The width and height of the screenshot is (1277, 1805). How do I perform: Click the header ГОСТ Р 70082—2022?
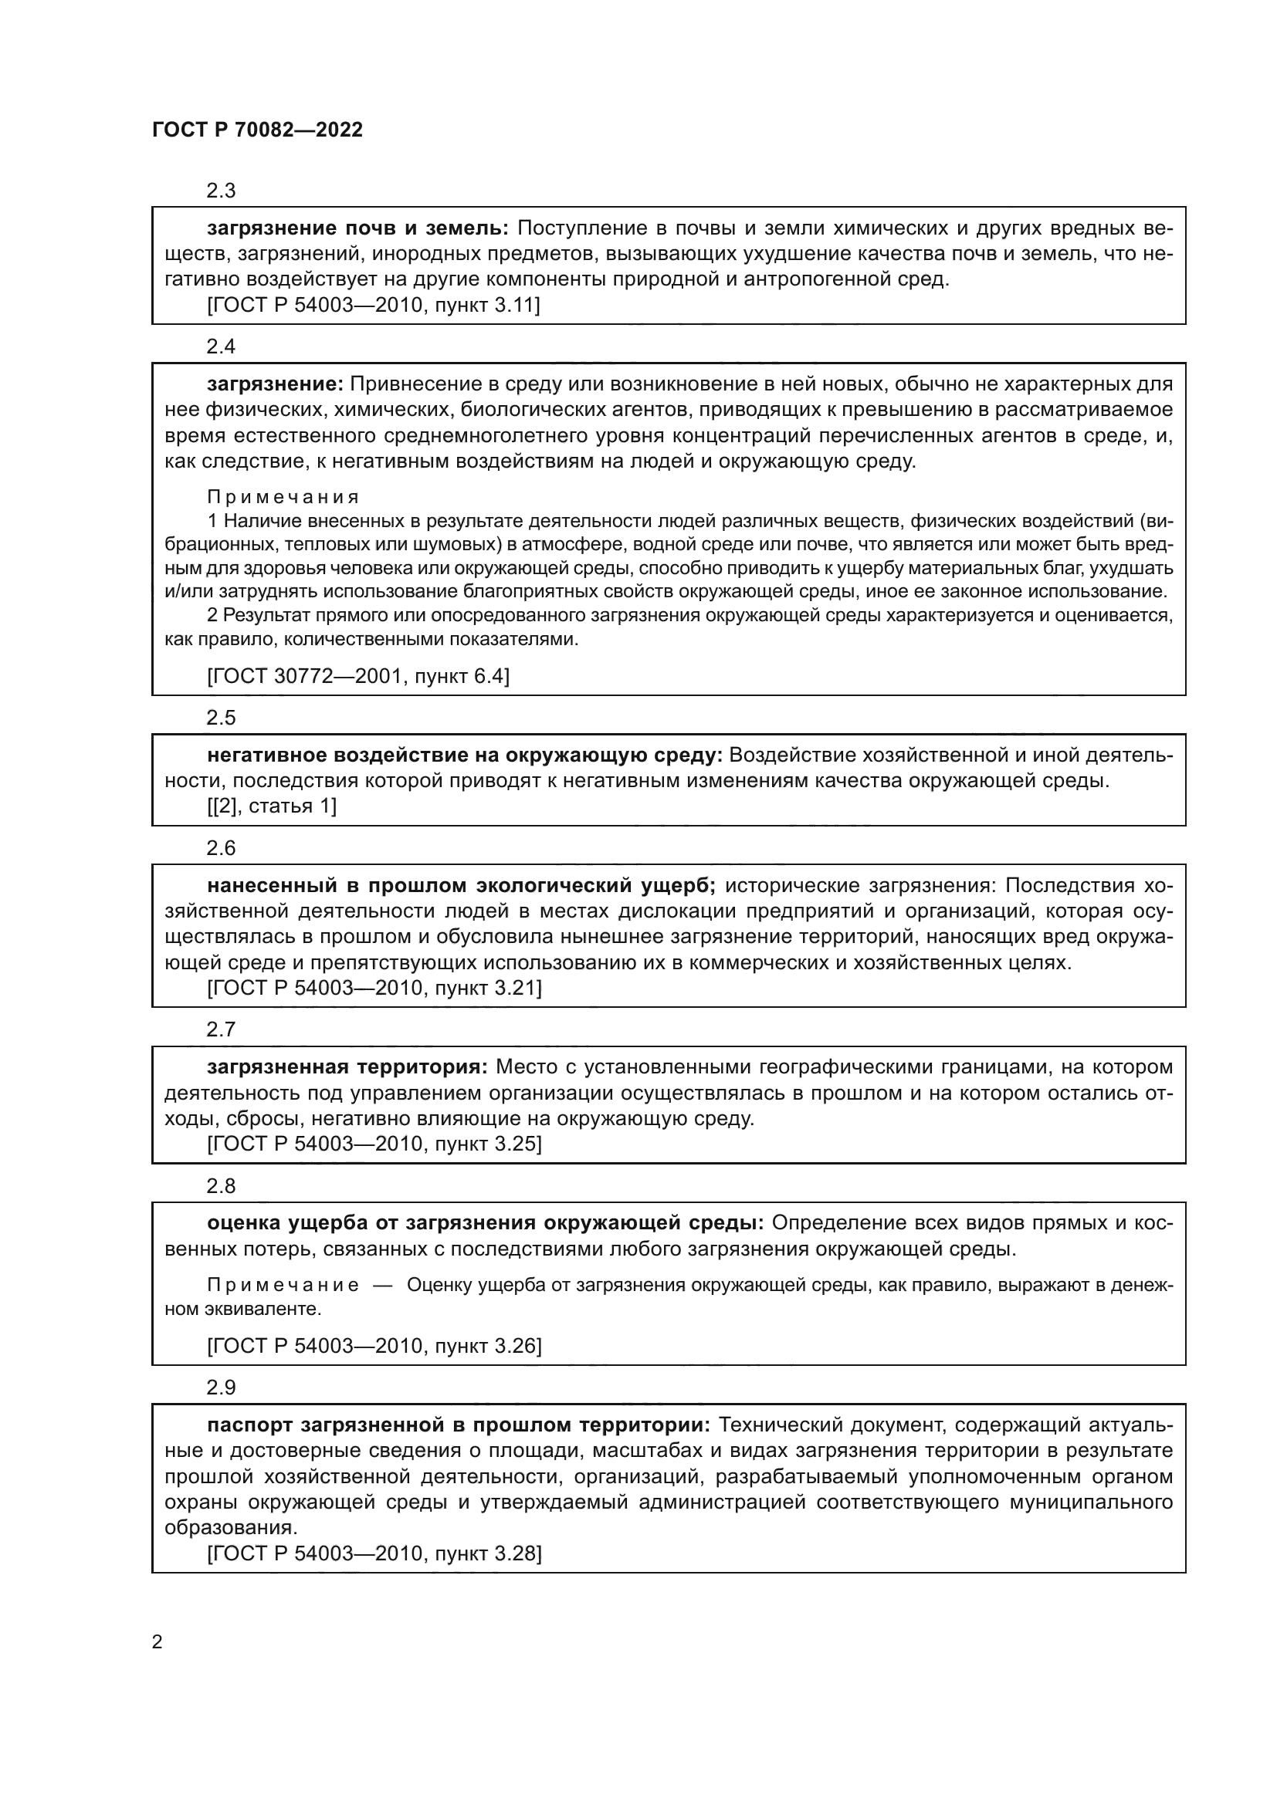[x=257, y=130]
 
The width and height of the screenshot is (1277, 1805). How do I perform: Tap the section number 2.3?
[x=221, y=191]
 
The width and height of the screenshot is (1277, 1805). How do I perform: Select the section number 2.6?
[x=221, y=847]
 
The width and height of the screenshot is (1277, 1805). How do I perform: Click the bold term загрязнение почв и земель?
[x=357, y=228]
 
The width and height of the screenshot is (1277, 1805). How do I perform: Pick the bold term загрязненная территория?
[x=347, y=1066]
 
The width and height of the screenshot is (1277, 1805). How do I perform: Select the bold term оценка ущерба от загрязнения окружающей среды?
[x=485, y=1222]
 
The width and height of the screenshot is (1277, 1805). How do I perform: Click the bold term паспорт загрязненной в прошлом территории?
[x=459, y=1425]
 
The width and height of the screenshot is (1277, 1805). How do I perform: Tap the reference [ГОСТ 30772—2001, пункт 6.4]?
[x=357, y=676]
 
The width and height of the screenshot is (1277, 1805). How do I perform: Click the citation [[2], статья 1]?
[x=271, y=806]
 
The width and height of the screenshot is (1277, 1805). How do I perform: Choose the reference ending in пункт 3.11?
[x=374, y=305]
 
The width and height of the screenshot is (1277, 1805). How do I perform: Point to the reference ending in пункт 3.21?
[x=374, y=988]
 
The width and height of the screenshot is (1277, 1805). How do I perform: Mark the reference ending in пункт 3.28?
[x=374, y=1553]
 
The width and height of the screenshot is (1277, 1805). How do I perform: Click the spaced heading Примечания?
[x=283, y=497]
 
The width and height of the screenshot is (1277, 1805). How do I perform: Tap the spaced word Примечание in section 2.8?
[x=283, y=1285]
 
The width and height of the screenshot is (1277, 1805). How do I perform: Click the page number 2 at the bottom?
[x=158, y=1642]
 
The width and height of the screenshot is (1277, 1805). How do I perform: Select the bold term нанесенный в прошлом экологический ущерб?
[x=461, y=885]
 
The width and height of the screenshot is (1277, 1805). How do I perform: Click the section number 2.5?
[x=221, y=717]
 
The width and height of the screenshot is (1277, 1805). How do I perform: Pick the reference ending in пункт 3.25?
[x=374, y=1143]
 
